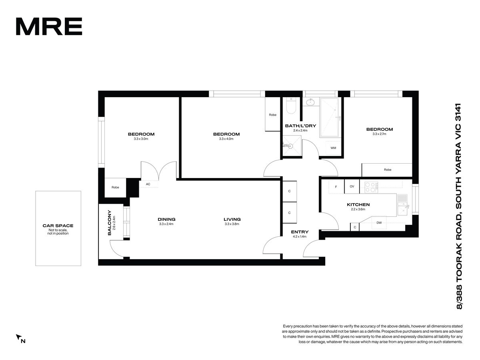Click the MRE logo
[x=49, y=26]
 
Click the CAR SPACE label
[x=58, y=226]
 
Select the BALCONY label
[x=109, y=223]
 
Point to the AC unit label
[x=148, y=184]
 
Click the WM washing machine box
[x=333, y=148]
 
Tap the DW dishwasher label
[x=379, y=223]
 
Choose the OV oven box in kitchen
[x=352, y=186]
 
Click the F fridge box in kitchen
[x=336, y=186]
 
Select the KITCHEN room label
[x=358, y=204]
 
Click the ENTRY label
[x=300, y=232]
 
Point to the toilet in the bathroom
[x=291, y=106]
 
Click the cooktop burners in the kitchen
[x=371, y=187]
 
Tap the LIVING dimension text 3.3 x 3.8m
[x=232, y=224]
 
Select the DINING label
[x=166, y=219]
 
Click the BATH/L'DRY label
[x=300, y=126]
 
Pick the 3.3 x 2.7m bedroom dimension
[x=380, y=134]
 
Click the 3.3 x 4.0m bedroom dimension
[x=226, y=139]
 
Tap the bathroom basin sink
[x=310, y=102]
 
